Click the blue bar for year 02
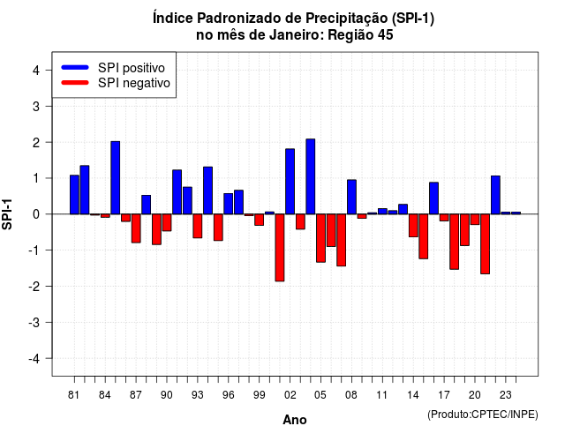pyautogui.click(x=290, y=182)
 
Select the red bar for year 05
pyautogui.click(x=320, y=238)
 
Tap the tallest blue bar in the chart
pyautogui.click(x=310, y=176)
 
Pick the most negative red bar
pyautogui.click(x=280, y=248)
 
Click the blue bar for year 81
pyautogui.click(x=74, y=195)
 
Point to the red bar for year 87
pyautogui.click(x=136, y=228)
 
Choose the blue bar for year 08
pyautogui.click(x=351, y=197)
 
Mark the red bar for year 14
pyautogui.click(x=413, y=226)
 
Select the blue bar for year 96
pyautogui.click(x=228, y=204)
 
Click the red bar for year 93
pyautogui.click(x=198, y=226)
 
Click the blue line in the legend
pyautogui.click(x=75, y=67)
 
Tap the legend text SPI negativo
pyautogui.click(x=134, y=83)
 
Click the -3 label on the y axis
pyautogui.click(x=34, y=323)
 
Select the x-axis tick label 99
pyautogui.click(x=259, y=395)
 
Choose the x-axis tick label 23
pyautogui.click(x=506, y=395)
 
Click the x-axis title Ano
pyautogui.click(x=295, y=420)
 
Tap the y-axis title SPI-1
pyautogui.click(x=7, y=214)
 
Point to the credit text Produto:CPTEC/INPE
pyautogui.click(x=483, y=415)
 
